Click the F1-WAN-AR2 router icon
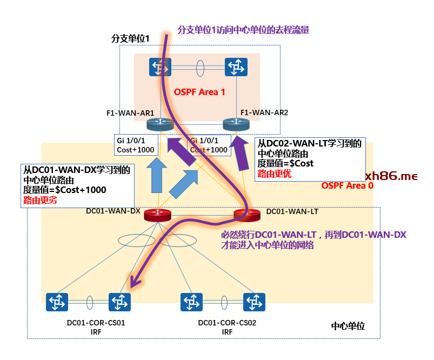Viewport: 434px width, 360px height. pyautogui.click(x=235, y=124)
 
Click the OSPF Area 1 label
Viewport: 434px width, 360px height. pyautogui.click(x=199, y=92)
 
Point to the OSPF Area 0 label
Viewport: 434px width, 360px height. pyautogui.click(x=347, y=185)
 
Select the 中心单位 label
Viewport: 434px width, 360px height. pyautogui.click(x=348, y=326)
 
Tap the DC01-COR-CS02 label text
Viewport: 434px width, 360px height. pyautogui.click(x=227, y=323)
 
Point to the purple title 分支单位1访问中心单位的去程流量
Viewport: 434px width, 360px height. pyautogui.click(x=243, y=30)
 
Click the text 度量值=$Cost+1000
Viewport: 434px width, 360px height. pyautogui.click(x=65, y=190)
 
